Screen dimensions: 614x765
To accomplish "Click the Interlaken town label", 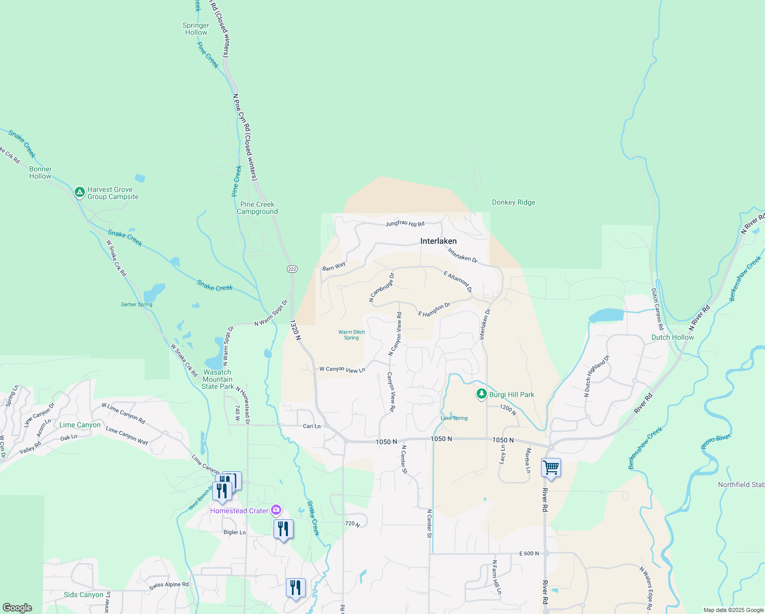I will point(438,241).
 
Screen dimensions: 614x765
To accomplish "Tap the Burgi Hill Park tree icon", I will point(481,394).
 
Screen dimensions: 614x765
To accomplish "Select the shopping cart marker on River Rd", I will point(551,468).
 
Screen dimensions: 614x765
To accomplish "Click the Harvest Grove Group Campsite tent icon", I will point(79,192).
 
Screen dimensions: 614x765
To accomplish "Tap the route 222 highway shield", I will point(292,269).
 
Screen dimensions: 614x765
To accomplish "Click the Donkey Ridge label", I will point(513,202).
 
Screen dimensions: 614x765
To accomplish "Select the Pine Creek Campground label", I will point(257,208).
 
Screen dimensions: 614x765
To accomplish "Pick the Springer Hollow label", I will point(196,29).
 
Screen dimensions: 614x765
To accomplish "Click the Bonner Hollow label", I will point(40,172).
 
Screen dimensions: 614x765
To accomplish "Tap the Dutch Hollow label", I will point(672,337).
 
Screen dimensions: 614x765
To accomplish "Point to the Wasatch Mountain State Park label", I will point(217,379).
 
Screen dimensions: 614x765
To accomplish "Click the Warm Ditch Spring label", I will point(351,335).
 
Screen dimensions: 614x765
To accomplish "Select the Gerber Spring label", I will point(137,304).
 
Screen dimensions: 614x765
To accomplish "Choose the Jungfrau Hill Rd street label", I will point(405,224).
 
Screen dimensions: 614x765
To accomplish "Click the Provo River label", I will point(715,442).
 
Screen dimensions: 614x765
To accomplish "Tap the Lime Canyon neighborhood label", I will point(80,425).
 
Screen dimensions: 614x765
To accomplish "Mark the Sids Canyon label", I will point(83,595).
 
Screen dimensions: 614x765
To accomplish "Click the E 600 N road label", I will point(529,553).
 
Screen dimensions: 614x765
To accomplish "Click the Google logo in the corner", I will point(17,608).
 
